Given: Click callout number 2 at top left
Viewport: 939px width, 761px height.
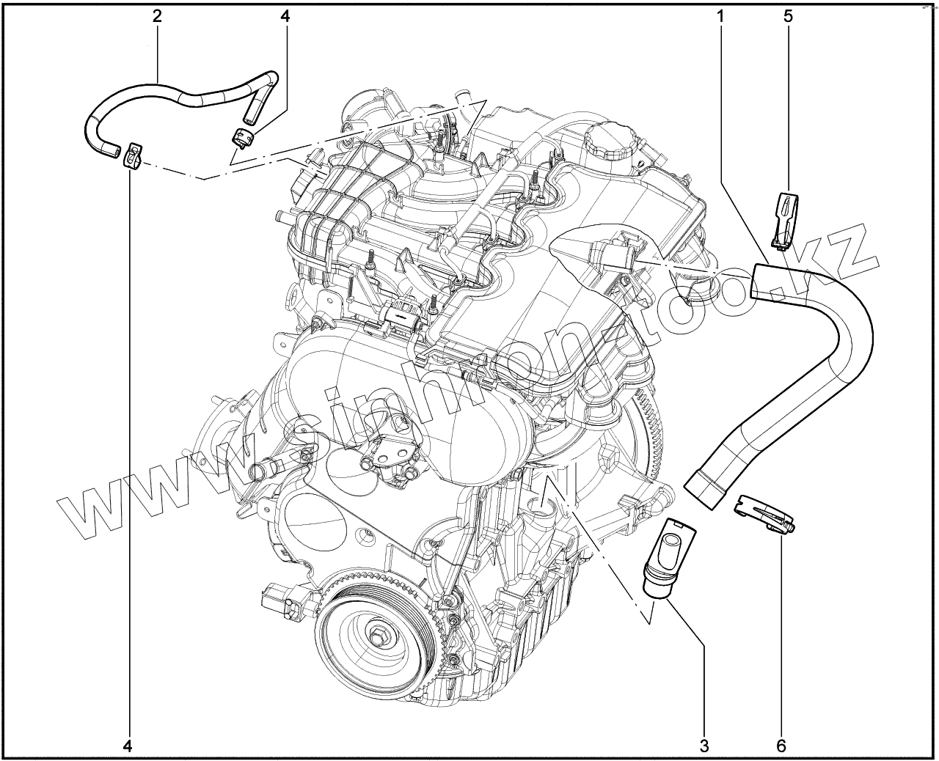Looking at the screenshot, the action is [157, 17].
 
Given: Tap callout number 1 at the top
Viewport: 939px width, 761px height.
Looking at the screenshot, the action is [720, 17].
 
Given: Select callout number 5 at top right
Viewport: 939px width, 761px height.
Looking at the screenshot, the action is [788, 17].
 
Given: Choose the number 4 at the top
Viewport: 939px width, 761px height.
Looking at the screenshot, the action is [285, 17].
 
